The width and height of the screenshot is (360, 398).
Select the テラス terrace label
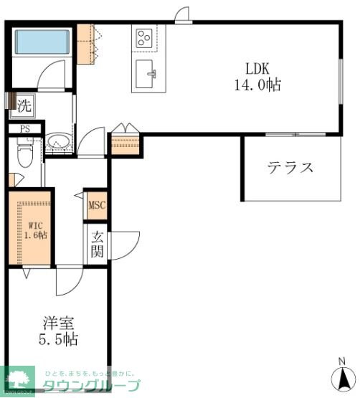(290, 169)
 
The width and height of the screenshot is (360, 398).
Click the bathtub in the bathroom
(41, 42)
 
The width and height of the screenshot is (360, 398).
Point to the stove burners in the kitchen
(143, 37)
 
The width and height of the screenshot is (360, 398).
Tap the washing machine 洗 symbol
(25, 105)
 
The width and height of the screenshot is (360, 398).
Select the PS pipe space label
(25, 129)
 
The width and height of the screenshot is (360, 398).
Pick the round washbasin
(57, 142)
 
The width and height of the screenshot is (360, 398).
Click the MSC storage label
(96, 206)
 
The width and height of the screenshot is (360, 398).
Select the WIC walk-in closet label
(32, 222)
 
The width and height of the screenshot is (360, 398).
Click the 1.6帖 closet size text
(32, 234)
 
